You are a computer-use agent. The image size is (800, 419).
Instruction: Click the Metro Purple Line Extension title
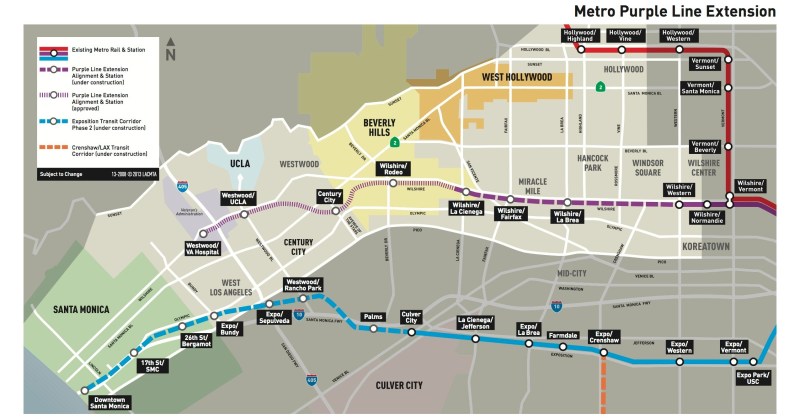tap(674, 11)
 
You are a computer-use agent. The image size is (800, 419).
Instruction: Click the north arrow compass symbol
tap(171, 49)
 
